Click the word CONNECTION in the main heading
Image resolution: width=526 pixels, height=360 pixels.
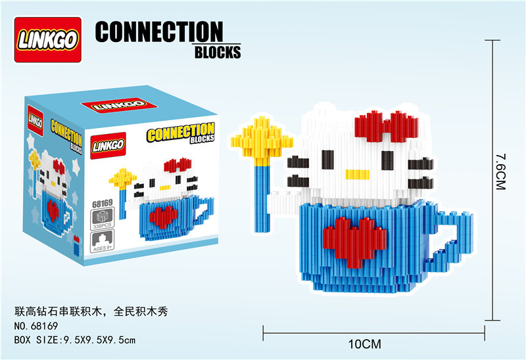click(159, 33)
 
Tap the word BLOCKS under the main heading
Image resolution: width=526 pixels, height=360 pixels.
click(218, 53)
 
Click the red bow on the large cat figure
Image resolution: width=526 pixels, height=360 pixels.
click(387, 127)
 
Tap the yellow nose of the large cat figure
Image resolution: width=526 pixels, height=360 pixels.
click(357, 175)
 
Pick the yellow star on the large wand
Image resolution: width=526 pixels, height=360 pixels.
click(262, 138)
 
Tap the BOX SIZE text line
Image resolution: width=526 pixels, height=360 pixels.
click(74, 339)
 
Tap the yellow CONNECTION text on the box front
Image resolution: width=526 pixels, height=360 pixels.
click(181, 134)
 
